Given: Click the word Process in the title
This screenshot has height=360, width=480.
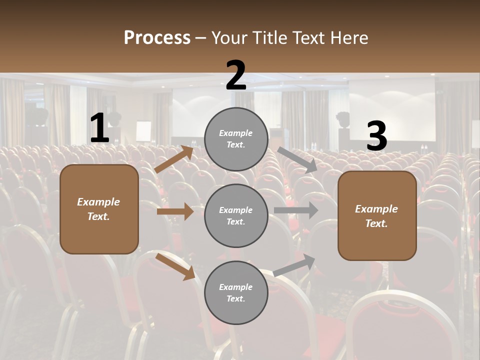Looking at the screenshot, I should click(x=157, y=38).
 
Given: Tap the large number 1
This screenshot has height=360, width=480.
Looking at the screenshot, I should click(x=99, y=128).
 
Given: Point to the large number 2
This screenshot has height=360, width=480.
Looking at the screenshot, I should click(x=236, y=75).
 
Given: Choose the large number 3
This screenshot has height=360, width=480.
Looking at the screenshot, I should click(x=376, y=136).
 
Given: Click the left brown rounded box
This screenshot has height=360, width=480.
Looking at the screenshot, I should click(x=99, y=209).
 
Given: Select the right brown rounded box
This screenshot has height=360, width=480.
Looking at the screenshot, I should click(x=377, y=215).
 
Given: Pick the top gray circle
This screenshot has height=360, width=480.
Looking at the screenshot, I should click(x=236, y=139).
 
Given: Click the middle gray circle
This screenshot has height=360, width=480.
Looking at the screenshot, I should click(x=236, y=215).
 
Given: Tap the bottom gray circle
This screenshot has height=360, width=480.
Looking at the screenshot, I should click(x=236, y=292).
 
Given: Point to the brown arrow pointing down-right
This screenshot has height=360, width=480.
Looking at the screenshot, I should click(x=175, y=266).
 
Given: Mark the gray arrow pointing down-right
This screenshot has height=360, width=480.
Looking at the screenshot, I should click(x=297, y=159).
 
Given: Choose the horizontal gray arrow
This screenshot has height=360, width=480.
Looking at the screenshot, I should click(x=295, y=210).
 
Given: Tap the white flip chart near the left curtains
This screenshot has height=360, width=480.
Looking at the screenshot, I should click(x=143, y=131).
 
